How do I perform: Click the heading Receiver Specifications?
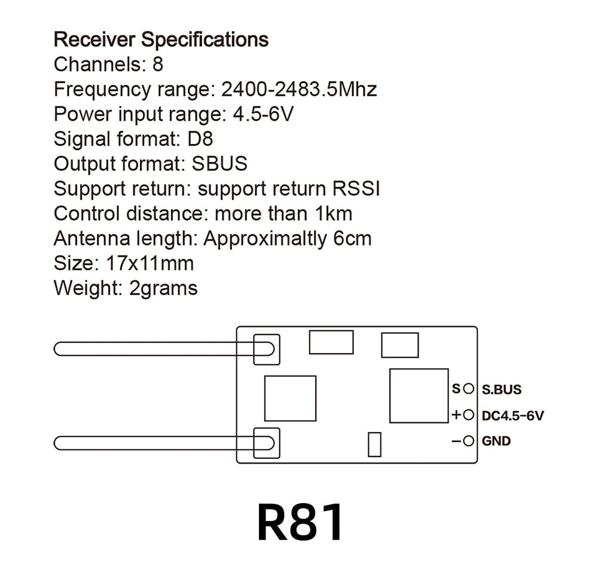(161, 40)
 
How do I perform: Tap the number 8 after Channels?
(157, 65)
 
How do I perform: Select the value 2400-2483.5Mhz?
(299, 90)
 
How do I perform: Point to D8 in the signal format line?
(199, 139)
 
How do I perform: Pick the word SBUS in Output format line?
(219, 164)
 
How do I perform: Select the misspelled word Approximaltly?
(266, 238)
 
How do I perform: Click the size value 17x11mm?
(149, 263)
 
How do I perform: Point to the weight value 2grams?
(163, 288)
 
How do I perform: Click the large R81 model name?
(300, 522)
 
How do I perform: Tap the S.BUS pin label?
(502, 390)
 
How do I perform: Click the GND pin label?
(496, 442)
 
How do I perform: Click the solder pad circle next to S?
(468, 389)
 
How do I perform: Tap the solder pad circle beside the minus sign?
(468, 442)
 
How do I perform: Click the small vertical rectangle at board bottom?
(374, 445)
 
